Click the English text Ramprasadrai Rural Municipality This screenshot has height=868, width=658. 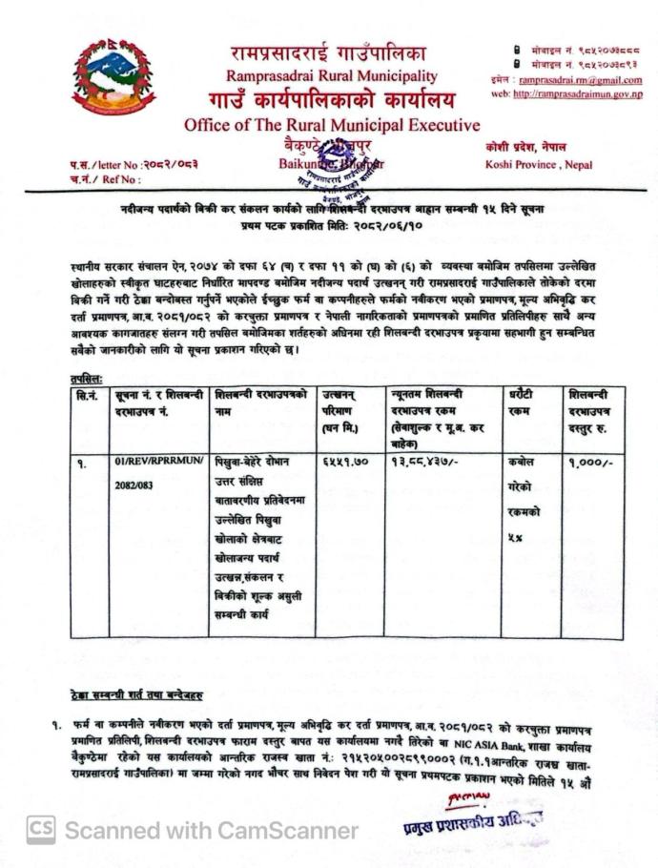[x=332, y=75]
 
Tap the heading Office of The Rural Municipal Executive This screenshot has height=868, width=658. [x=332, y=125]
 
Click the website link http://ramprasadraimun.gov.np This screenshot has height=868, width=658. [x=577, y=93]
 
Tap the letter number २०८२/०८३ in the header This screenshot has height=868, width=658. [x=173, y=164]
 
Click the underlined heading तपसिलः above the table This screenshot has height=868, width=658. [x=87, y=379]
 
